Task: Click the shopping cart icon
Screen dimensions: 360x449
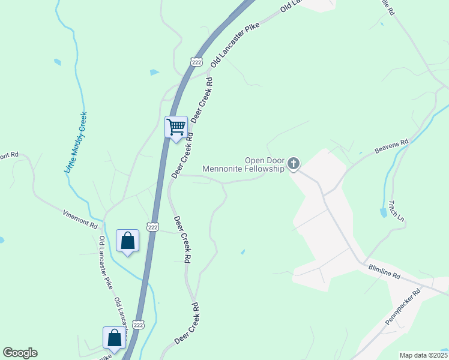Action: tap(176, 127)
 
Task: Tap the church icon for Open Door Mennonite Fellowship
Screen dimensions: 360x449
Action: tap(294, 163)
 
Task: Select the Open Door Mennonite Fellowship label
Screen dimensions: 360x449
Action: tap(243, 165)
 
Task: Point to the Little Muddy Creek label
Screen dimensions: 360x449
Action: tap(76, 143)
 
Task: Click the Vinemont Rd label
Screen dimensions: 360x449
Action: tap(80, 218)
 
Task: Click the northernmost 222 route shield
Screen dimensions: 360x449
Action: tap(196, 62)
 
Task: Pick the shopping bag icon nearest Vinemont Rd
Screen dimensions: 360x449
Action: tap(127, 241)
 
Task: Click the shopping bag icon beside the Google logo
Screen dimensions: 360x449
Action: tap(114, 338)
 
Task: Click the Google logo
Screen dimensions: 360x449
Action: tap(20, 353)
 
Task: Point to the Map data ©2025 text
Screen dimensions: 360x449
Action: tap(423, 355)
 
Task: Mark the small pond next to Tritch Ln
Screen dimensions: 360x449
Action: tap(383, 212)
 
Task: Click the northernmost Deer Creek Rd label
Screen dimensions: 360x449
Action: tap(202, 100)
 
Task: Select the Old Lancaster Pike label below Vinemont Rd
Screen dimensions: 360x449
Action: tap(106, 263)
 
